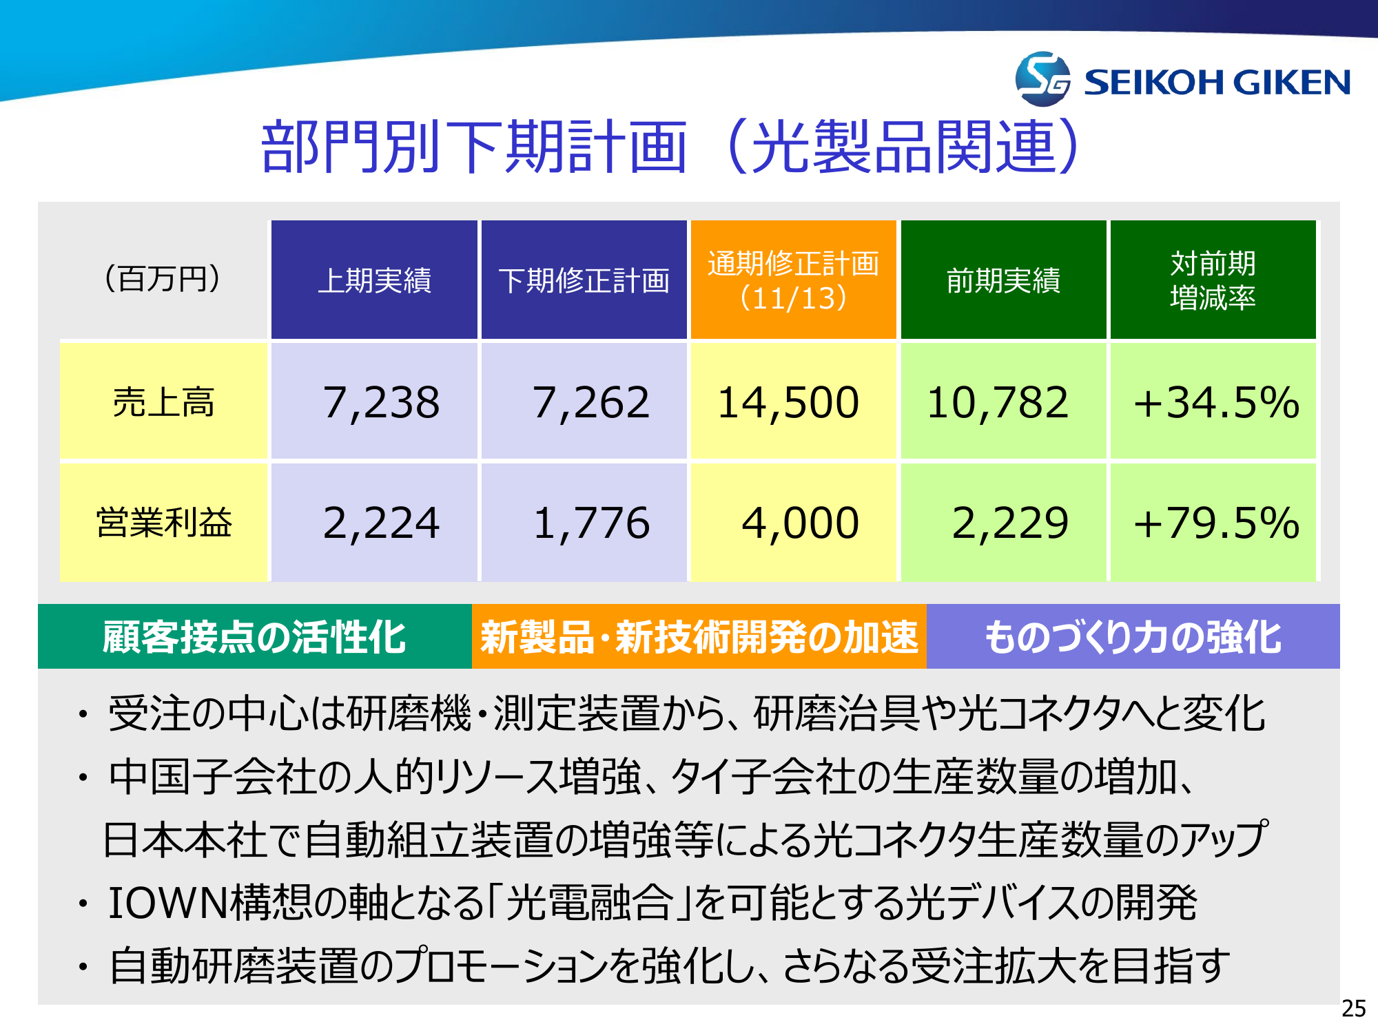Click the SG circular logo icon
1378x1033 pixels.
tap(1042, 79)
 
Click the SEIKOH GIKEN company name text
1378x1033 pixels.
tap(1217, 83)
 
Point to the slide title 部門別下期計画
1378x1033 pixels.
tap(474, 146)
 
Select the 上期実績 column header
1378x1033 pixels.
tap(374, 280)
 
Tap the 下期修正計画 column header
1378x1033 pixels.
tap(584, 280)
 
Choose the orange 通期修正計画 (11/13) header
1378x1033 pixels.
tap(794, 280)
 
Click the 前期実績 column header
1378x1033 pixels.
tap(1004, 280)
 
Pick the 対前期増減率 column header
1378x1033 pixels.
tap(1213, 280)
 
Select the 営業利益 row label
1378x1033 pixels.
tap(163, 522)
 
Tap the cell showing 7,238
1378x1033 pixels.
tap(374, 401)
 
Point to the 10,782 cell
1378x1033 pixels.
tap(1004, 401)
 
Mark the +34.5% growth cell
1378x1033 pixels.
tap(1213, 401)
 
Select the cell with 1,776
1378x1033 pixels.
tap(584, 522)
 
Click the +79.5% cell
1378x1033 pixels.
tap(1213, 522)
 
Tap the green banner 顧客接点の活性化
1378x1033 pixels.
tap(255, 636)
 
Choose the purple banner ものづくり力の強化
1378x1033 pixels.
tap(1133, 636)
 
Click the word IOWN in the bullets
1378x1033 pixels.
tap(169, 902)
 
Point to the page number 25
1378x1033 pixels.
tap(1353, 1008)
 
